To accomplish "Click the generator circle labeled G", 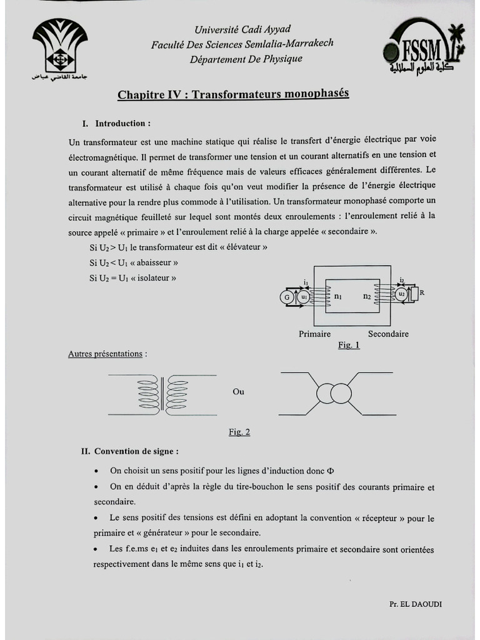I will coord(287,297).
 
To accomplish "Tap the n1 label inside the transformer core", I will coord(338,296).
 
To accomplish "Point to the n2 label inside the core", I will coord(367,296).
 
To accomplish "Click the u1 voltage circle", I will coord(303,297).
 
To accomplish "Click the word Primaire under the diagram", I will coord(314,334).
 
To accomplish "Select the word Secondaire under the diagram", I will coord(388,334).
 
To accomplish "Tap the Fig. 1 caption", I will coord(349,344).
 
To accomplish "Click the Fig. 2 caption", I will coord(239,432).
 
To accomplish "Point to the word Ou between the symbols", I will coord(238,392).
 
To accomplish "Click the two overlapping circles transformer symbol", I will coord(333,394).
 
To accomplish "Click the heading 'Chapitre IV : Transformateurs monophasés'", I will coord(233,94).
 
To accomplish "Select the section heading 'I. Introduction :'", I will coord(116,124).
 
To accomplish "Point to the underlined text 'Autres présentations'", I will coord(107,354).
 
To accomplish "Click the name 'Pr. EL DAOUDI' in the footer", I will coord(415,604).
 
